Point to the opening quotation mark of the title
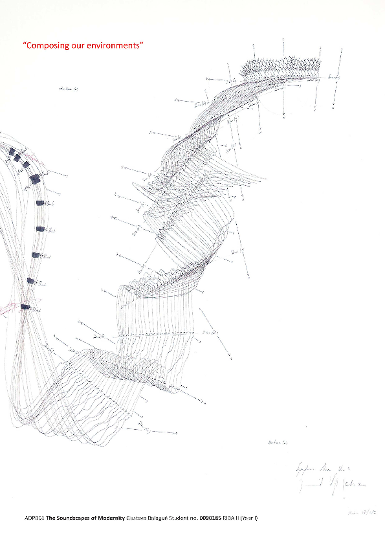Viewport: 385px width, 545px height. (x=24, y=44)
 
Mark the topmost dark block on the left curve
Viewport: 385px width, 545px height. (x=12, y=151)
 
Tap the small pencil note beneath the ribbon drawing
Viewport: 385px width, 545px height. (x=277, y=443)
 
